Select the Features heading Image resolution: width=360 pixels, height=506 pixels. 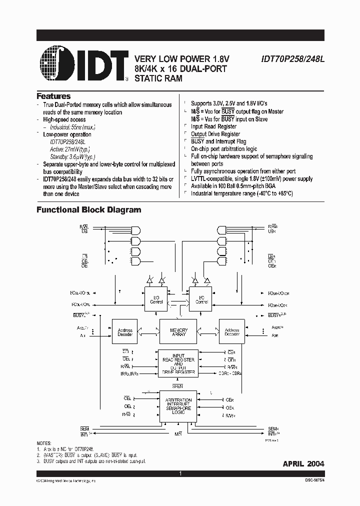point(53,96)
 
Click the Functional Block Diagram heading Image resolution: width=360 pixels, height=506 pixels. point(88,210)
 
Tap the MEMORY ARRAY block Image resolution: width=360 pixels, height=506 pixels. point(178,333)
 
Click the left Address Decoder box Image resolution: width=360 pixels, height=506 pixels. point(124,332)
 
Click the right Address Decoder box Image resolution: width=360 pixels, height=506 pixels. point(232,332)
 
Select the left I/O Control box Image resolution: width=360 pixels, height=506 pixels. point(157,299)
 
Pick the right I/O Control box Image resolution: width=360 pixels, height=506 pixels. point(201,299)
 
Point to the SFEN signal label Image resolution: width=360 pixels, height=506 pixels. point(178,386)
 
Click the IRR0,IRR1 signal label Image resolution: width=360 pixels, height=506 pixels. point(129,373)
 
